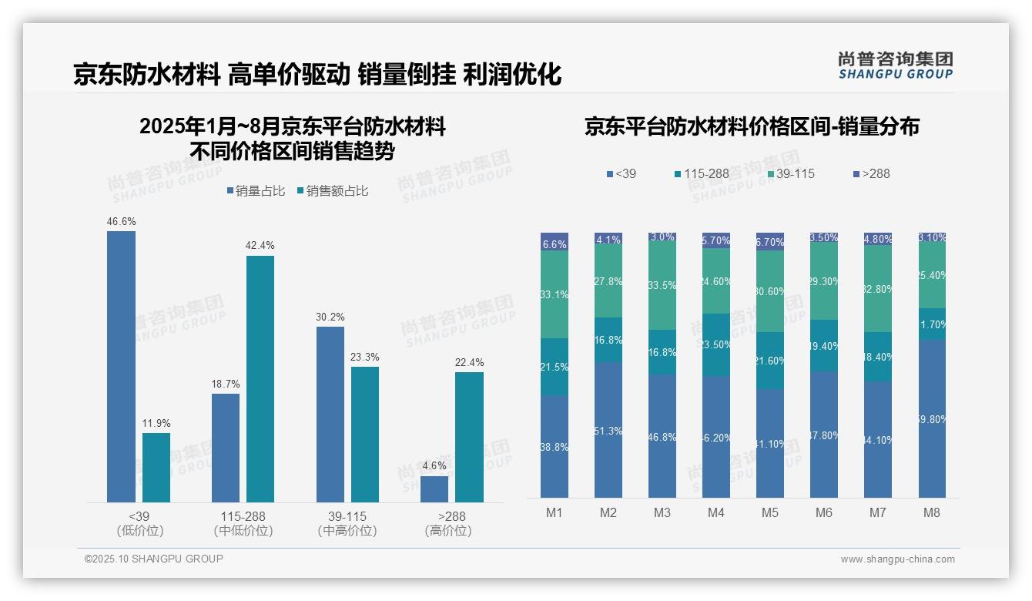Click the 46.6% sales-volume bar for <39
(x=121, y=367)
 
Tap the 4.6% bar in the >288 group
(x=434, y=489)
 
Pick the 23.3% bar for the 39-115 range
(x=365, y=435)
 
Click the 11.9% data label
(x=156, y=423)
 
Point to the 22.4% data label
(x=469, y=362)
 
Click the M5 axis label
(x=770, y=512)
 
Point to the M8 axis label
(x=931, y=512)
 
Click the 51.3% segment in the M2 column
(x=608, y=430)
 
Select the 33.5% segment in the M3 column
(x=662, y=286)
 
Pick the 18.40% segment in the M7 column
(x=877, y=357)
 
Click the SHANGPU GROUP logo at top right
(x=895, y=65)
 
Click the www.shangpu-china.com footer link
(x=897, y=559)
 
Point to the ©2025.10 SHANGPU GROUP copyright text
(x=154, y=559)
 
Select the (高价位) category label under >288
(x=448, y=531)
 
